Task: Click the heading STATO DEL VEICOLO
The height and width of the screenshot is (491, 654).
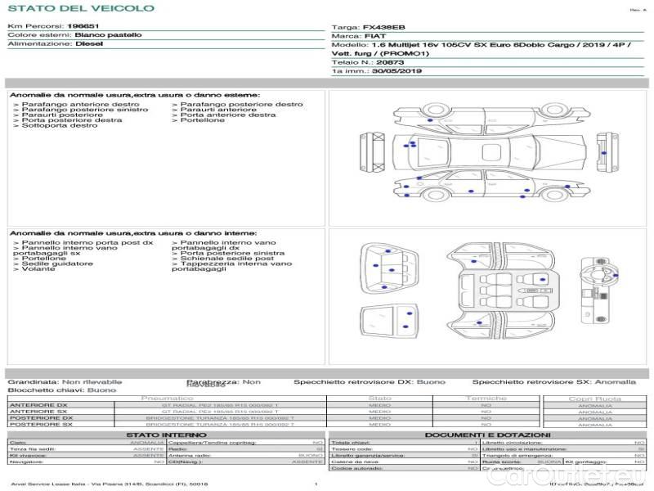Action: point(81,8)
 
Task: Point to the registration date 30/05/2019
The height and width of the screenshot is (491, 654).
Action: point(396,71)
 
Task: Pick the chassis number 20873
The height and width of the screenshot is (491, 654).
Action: point(391,62)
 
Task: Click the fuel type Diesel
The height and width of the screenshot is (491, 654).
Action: point(89,44)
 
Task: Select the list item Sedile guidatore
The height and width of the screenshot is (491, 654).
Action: point(49,264)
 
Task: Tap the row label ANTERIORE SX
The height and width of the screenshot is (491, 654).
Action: point(38,412)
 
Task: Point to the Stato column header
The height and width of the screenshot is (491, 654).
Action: point(379,399)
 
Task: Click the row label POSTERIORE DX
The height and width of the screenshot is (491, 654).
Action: point(40,418)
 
